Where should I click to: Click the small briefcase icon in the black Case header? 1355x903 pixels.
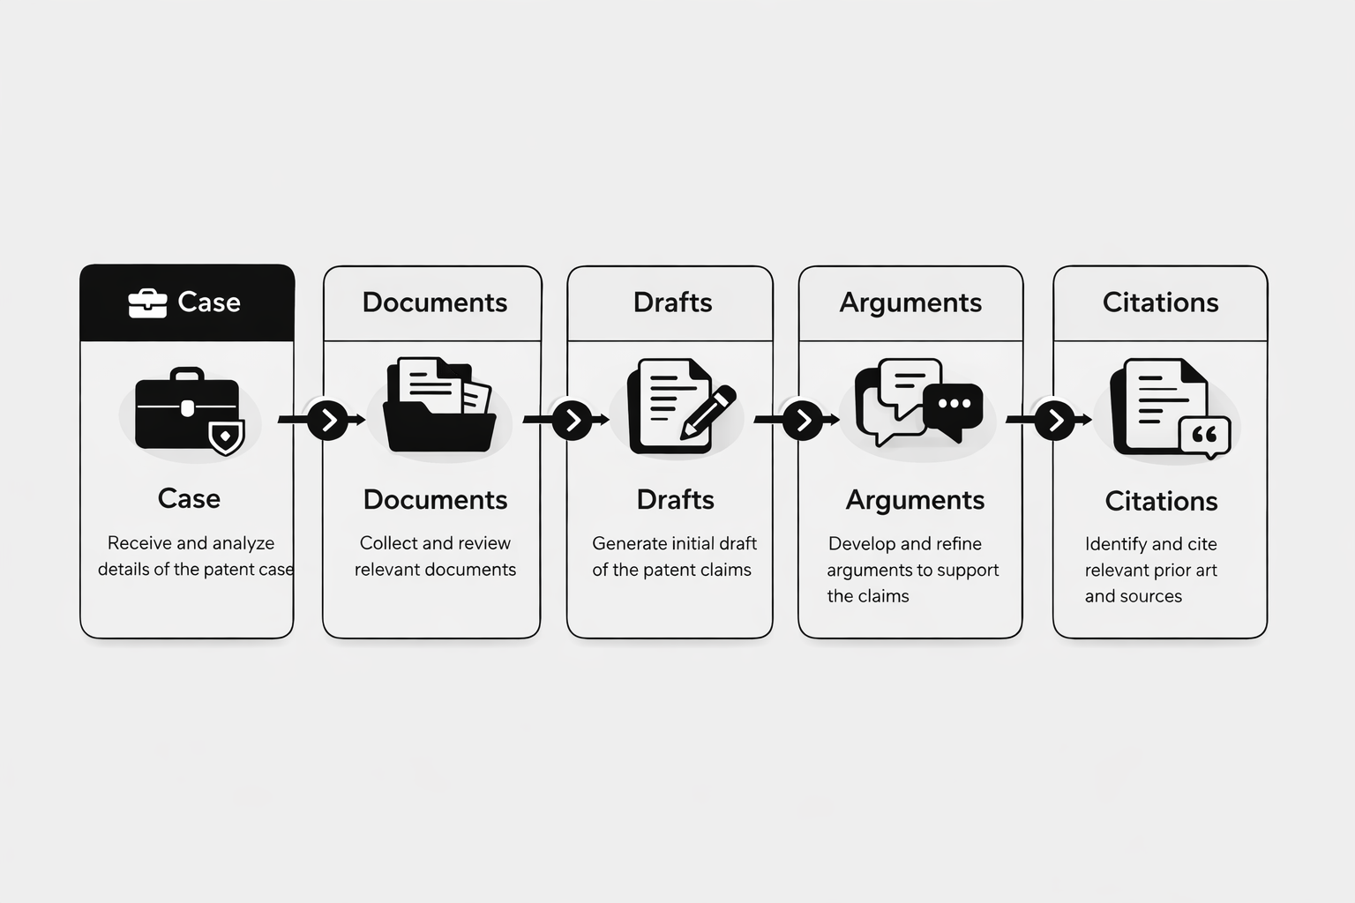pyautogui.click(x=147, y=303)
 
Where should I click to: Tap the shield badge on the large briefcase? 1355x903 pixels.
pyautogui.click(x=226, y=437)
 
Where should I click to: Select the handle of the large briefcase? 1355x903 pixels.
pyautogui.click(x=187, y=374)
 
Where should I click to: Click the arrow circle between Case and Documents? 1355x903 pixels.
pyautogui.click(x=327, y=420)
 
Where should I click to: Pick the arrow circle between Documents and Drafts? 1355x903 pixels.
pyautogui.click(x=572, y=420)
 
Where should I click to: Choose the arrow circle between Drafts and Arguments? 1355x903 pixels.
pyautogui.click(x=803, y=420)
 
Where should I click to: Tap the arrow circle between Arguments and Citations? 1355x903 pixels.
pyautogui.click(x=1054, y=420)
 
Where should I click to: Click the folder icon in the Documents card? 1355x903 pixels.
pyautogui.click(x=440, y=405)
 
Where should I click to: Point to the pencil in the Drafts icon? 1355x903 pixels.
pyautogui.click(x=707, y=413)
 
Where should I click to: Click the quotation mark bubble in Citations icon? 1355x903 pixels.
pyautogui.click(x=1205, y=437)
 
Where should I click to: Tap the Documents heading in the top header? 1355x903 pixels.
pyautogui.click(x=435, y=302)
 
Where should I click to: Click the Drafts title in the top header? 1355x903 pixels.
pyautogui.click(x=673, y=302)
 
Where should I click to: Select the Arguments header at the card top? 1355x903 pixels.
pyautogui.click(x=910, y=303)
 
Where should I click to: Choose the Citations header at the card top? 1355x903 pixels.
pyautogui.click(x=1160, y=302)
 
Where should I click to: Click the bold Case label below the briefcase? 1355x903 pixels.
pyautogui.click(x=189, y=499)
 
